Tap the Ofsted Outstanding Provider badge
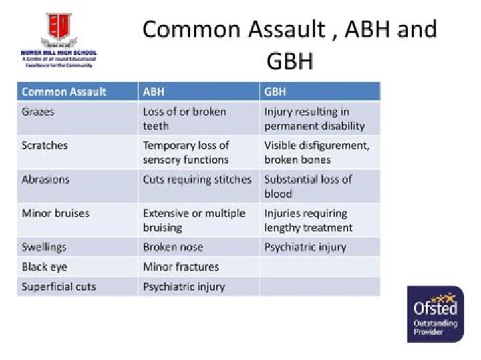tap(435, 314)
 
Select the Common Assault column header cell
tap(77, 92)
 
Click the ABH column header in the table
tap(198, 92)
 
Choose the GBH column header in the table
tap(319, 92)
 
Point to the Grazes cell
tap(77, 118)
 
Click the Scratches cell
tap(77, 152)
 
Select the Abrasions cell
tap(77, 186)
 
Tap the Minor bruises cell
tap(77, 220)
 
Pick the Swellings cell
tap(77, 247)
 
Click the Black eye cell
tap(77, 267)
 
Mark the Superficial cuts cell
tap(77, 287)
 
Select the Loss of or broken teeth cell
tap(198, 118)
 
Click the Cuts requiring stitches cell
tap(198, 186)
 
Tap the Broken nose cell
tap(198, 247)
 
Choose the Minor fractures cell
tap(198, 267)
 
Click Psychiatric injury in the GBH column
tap(319, 247)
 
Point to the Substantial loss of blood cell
tap(319, 186)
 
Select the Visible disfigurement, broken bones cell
tap(319, 152)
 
